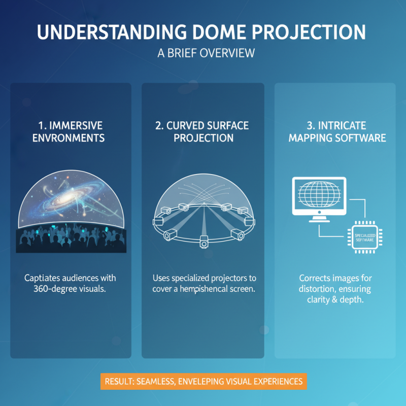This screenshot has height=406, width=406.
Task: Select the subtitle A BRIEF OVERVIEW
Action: (x=203, y=53)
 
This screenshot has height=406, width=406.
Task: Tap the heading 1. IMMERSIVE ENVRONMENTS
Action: (x=71, y=131)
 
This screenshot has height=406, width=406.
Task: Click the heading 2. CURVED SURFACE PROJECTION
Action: (x=203, y=131)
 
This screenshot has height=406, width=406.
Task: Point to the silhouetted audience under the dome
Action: (x=71, y=241)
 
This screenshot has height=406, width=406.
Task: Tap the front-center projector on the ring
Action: (x=204, y=242)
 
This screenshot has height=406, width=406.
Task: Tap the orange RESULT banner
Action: (x=203, y=381)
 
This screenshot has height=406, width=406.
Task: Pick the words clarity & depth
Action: (x=335, y=300)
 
